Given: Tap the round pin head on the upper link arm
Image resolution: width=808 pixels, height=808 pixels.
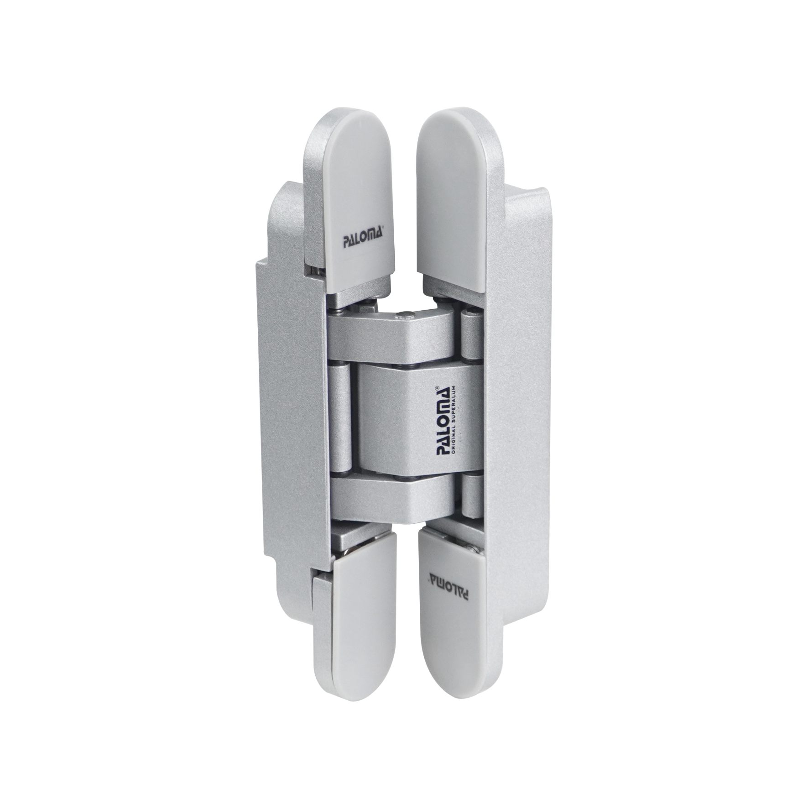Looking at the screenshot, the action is (x=406, y=314).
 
